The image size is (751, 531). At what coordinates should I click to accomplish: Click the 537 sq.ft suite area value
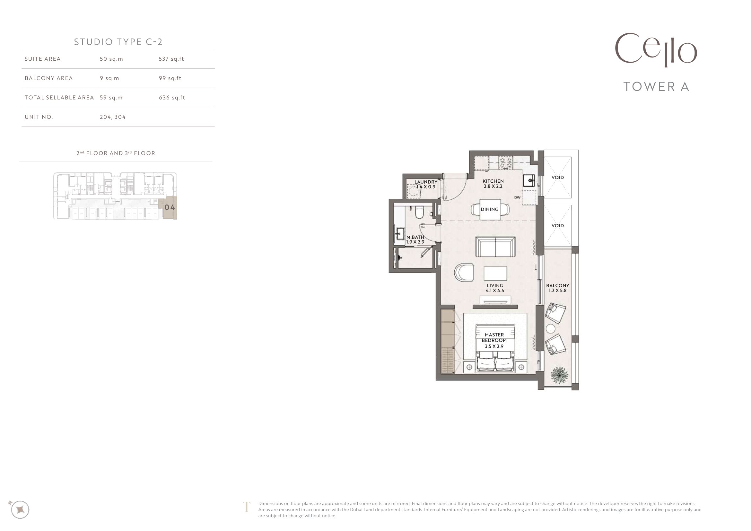[171, 59]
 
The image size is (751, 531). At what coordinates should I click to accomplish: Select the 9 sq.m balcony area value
[109, 78]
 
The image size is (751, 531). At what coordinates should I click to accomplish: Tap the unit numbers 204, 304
[112, 117]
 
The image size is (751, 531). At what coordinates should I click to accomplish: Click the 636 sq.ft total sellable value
[172, 98]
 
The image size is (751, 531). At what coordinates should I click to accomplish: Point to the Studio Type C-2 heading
[118, 42]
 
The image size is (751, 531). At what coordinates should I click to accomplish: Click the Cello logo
[656, 50]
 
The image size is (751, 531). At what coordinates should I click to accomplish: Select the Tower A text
[656, 87]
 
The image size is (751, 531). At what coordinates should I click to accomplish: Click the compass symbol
[20, 509]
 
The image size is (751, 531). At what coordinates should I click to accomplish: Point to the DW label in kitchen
[517, 197]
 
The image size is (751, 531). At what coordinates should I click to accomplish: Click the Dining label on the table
[490, 209]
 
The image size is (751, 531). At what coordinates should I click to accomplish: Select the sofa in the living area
[495, 247]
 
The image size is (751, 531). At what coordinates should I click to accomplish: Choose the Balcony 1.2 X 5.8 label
[558, 288]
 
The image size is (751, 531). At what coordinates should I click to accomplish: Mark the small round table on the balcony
[551, 329]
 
